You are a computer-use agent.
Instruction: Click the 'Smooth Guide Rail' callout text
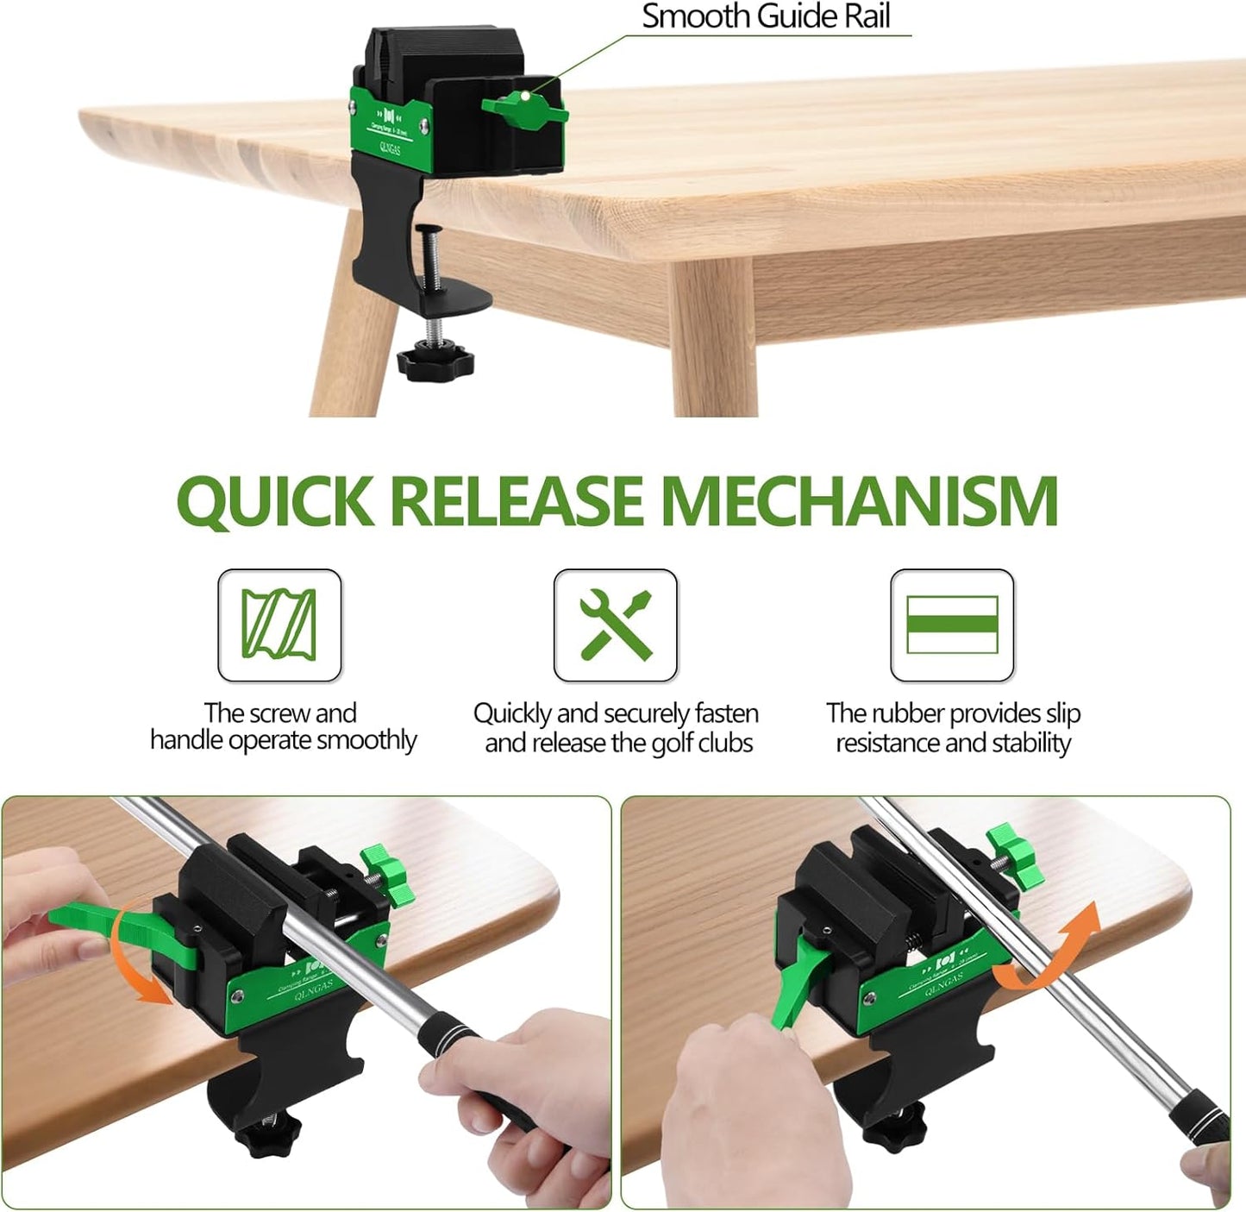766,16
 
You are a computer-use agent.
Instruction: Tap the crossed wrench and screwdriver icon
615,625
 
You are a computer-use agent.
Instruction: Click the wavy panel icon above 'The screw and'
279,625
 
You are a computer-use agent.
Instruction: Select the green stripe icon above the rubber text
952,625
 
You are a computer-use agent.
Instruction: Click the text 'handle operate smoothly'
283,740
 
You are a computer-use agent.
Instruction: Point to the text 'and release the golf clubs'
618,743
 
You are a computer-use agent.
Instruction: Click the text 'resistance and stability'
953,743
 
